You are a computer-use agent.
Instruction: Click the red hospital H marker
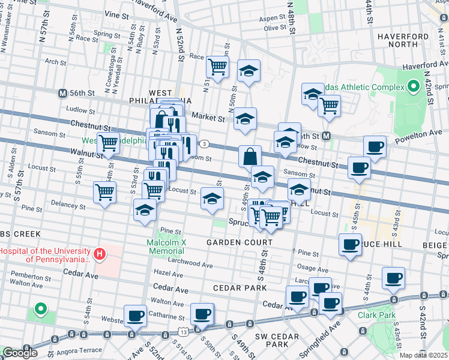100,254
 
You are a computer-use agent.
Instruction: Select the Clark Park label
376,314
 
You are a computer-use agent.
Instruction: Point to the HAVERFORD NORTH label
406,40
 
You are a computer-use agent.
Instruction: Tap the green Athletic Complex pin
413,87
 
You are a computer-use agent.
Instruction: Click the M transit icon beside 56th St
62,94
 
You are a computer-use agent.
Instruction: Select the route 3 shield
205,144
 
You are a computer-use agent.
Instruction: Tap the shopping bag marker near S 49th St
250,157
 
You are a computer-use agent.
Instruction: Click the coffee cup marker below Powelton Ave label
375,147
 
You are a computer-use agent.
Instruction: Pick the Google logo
20,353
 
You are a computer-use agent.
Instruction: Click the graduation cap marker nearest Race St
249,71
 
